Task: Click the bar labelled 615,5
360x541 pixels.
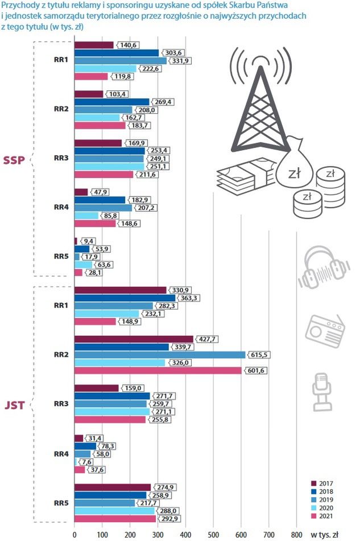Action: coord(160,354)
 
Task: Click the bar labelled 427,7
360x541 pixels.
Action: coord(134,339)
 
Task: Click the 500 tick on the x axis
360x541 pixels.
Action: coord(213,534)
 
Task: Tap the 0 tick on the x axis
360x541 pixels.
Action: coord(75,534)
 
